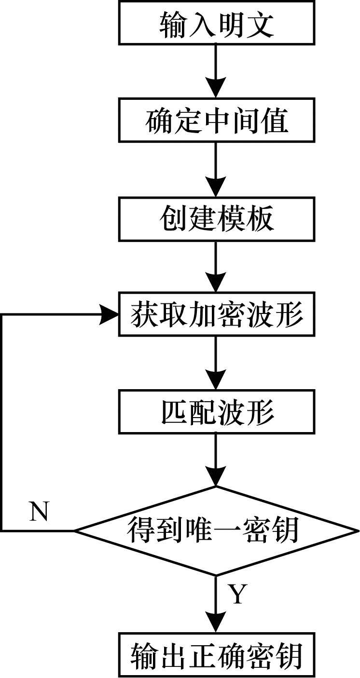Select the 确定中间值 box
click(216, 121)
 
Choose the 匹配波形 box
click(216, 412)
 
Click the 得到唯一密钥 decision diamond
click(216, 530)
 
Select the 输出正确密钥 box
click(216, 655)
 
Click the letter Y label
click(237, 595)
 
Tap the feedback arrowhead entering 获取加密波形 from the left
click(110, 315)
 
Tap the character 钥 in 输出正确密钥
click(290, 656)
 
